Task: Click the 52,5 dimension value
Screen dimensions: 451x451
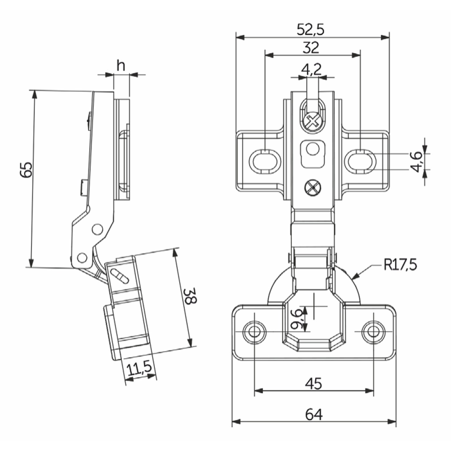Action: coord(310,30)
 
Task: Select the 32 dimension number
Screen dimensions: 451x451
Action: coord(311,48)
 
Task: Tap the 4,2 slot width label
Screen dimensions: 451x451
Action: coord(311,69)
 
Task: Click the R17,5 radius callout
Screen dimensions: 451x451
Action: coord(400,265)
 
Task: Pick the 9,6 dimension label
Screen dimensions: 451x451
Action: coord(297,319)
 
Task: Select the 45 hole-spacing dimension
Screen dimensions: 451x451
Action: coord(313,383)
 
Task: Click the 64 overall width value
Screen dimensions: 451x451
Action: coord(314,414)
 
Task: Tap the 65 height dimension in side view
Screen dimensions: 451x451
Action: coord(27,169)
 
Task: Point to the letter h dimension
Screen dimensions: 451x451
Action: coord(121,66)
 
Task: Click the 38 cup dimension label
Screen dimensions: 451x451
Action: coord(190,296)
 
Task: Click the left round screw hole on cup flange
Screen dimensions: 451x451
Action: coord(254,331)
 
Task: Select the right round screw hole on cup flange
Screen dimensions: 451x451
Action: coord(373,331)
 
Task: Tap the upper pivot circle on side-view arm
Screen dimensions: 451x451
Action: coord(97,229)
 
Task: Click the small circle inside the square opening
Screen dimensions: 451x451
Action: coord(312,149)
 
